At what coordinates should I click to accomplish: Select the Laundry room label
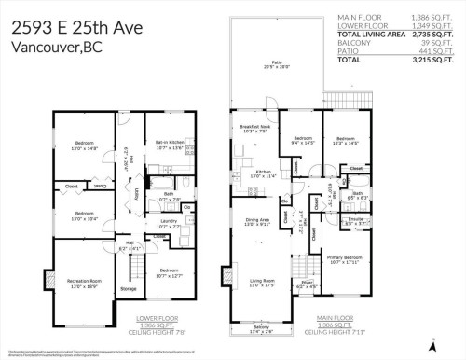pyautogui.click(x=170, y=223)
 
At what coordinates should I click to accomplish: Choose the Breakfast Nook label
pyautogui.click(x=254, y=128)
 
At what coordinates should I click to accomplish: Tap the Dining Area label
pyautogui.click(x=255, y=221)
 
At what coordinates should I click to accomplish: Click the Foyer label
pyautogui.click(x=307, y=283)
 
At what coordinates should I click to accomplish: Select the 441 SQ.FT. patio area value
pyautogui.click(x=435, y=50)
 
